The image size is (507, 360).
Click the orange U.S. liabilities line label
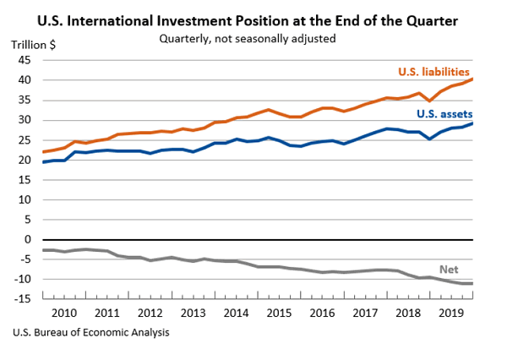coord(434,72)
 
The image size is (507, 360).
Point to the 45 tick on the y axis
coord(25,60)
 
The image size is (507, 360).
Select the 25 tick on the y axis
coord(25,139)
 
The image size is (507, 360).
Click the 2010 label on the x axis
coord(63,314)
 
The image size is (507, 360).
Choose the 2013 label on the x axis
coord(193,314)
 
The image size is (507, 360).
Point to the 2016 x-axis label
coord(322,314)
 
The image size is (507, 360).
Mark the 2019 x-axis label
coord(451,314)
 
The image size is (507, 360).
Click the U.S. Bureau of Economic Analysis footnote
coord(91,332)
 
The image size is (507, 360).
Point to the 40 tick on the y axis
coord(25,80)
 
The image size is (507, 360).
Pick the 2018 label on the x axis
coord(408,314)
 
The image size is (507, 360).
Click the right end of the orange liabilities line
coord(472,79)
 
